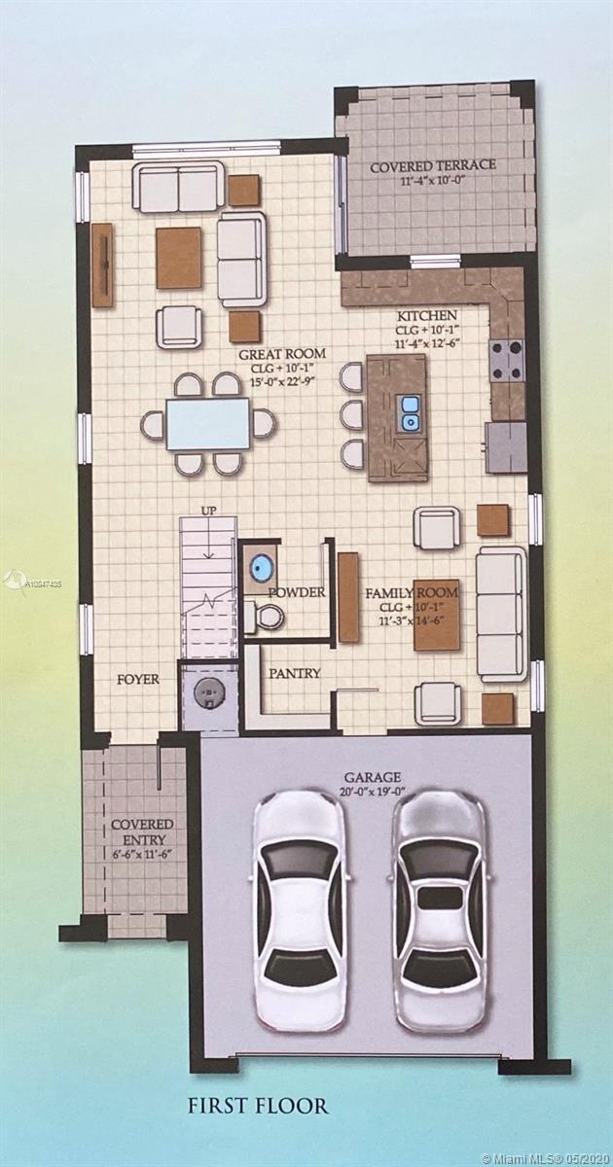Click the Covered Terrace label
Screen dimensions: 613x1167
tap(433, 166)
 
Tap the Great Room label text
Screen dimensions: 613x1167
tap(282, 354)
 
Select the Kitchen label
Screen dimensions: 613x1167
tap(427, 316)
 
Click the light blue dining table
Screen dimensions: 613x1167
tap(207, 424)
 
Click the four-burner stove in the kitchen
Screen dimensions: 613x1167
tap(506, 359)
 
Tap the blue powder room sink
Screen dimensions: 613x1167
tap(260, 564)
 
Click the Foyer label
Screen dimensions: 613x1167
tap(137, 680)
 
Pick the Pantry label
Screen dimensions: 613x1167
tap(295, 673)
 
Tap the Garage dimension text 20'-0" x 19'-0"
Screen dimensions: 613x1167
tap(372, 793)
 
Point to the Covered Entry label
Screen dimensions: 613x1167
tap(142, 832)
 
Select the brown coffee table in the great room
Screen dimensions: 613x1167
tap(179, 258)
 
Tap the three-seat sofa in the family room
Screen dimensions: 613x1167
tap(501, 614)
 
